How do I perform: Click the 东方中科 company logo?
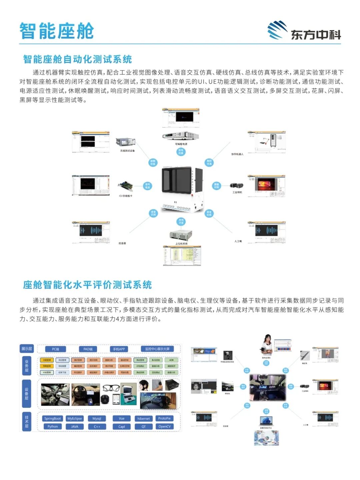(304, 31)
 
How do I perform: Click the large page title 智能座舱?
(56, 31)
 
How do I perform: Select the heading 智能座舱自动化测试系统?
(77, 59)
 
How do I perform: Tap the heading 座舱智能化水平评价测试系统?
(87, 285)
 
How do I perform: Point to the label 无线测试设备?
(127, 151)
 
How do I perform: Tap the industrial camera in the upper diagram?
(237, 185)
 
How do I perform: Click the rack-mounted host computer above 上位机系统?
(181, 235)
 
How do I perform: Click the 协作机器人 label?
(237, 154)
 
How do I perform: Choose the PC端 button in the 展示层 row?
(55, 349)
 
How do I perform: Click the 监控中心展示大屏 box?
(157, 349)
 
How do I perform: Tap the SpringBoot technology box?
(52, 418)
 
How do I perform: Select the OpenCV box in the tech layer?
(164, 426)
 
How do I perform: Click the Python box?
(52, 426)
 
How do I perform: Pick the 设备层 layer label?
(26, 394)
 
